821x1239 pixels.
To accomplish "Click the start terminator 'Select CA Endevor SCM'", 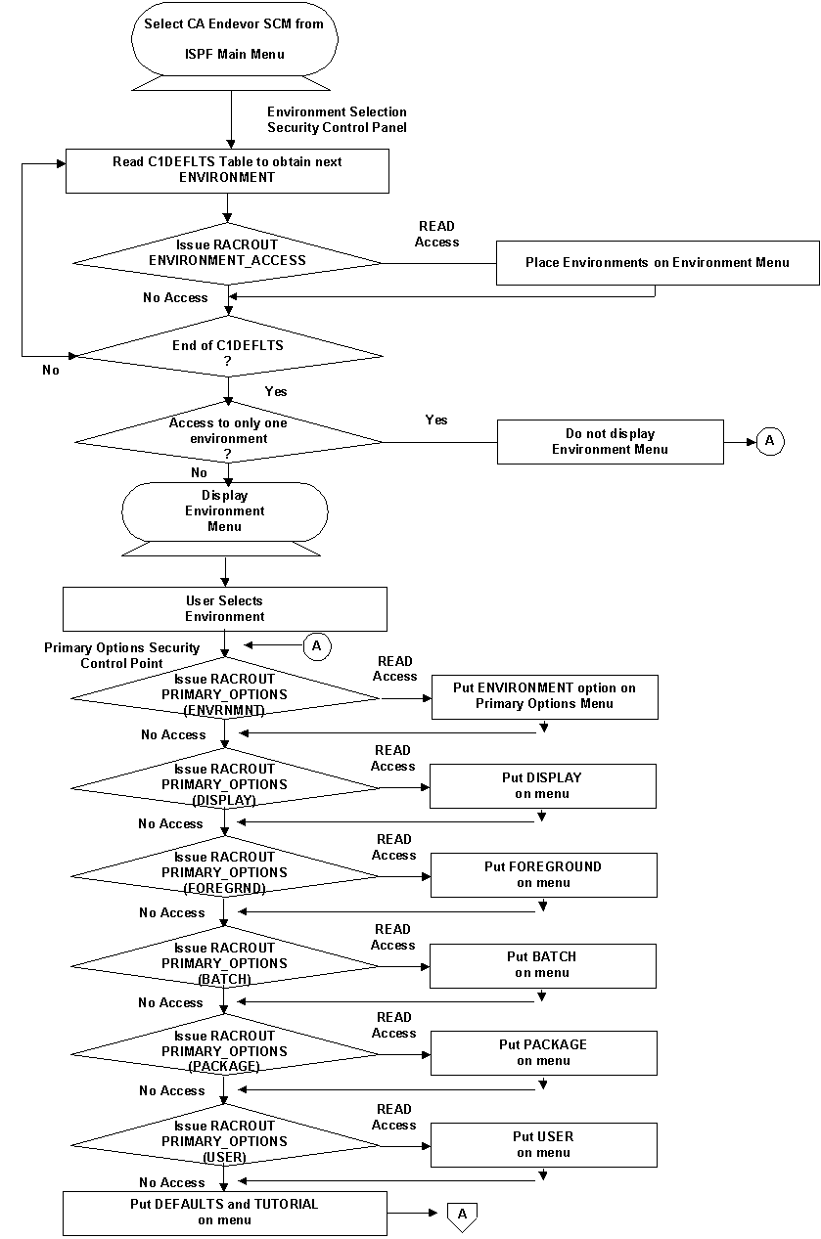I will click(234, 39).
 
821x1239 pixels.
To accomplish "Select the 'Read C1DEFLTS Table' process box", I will click(227, 170).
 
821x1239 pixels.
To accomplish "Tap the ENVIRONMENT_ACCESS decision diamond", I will click(227, 252).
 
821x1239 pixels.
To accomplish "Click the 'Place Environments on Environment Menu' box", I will click(657, 262).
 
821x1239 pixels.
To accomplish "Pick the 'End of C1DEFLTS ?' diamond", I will click(227, 352).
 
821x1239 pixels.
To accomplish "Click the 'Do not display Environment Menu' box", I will click(610, 441).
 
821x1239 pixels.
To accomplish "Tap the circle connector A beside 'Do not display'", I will click(769, 441).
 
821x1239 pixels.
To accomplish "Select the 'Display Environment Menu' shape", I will click(225, 511).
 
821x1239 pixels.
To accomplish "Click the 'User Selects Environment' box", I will click(225, 608).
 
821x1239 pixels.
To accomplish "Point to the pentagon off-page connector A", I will click(462, 1214).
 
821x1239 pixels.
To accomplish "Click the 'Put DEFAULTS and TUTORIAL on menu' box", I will click(224, 1213).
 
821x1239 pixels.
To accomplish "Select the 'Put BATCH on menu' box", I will click(542, 964).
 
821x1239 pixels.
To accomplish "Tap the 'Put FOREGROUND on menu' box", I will click(542, 874).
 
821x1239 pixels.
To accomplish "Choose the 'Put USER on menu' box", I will click(543, 1144).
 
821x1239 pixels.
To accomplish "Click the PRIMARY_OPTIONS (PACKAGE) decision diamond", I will click(224, 1051).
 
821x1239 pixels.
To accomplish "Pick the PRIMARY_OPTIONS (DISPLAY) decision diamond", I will click(224, 784).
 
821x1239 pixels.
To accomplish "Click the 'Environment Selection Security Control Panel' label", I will click(337, 120).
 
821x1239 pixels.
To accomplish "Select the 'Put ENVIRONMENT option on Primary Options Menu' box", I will click(544, 695).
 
